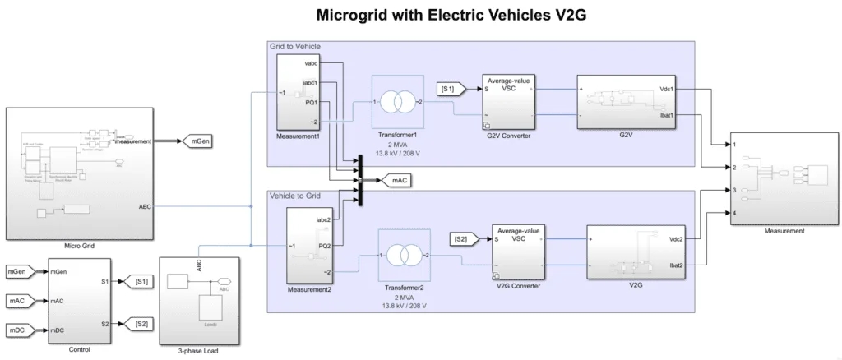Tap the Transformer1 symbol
click(x=397, y=103)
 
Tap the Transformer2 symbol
click(x=402, y=257)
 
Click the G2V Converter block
click(x=508, y=102)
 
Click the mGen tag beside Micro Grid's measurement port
click(x=198, y=142)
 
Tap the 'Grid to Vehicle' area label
click(x=295, y=47)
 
